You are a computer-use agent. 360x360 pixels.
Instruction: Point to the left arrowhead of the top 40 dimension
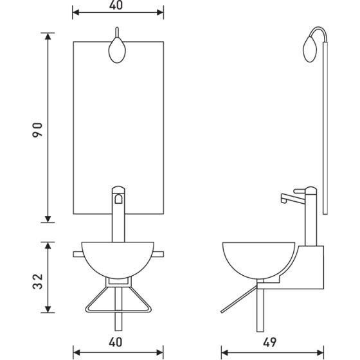pos(75,12)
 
